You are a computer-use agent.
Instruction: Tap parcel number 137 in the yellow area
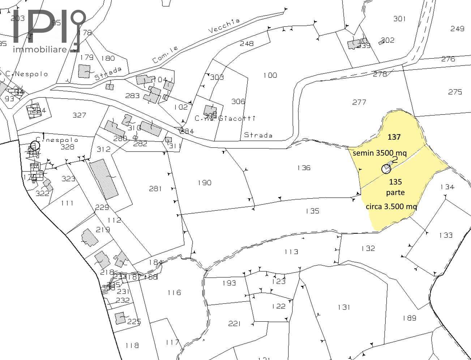[394, 137]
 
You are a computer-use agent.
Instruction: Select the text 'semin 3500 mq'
[380, 153]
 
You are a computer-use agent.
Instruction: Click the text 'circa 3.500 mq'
[391, 207]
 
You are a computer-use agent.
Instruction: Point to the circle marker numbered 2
[386, 169]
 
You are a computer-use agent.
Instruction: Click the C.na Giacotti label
[225, 118]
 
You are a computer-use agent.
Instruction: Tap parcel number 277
[359, 102]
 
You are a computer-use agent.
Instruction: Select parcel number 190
[204, 183]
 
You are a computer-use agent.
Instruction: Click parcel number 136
[304, 168]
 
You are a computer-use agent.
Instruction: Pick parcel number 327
[79, 115]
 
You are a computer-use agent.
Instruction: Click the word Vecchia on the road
[224, 26]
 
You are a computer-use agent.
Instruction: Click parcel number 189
[409, 318]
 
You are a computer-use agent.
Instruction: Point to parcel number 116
[174, 292]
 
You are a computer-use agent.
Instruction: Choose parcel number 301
[399, 18]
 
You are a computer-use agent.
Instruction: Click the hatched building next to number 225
[120, 318]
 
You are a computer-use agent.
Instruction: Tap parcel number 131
[344, 307]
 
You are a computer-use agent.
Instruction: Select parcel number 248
[247, 43]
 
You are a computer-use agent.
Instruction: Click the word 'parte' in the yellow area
[395, 192]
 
